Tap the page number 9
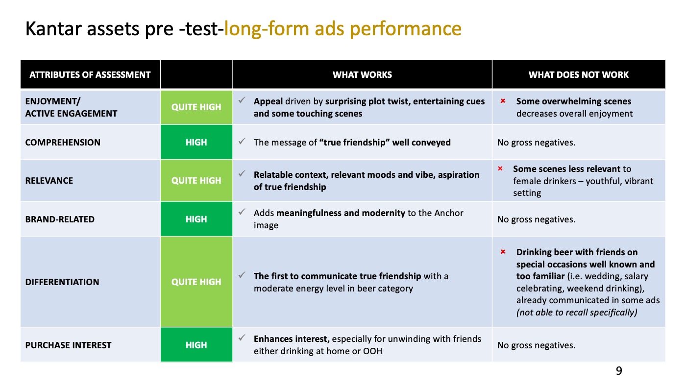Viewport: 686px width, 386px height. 618,371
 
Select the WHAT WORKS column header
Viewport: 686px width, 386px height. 362,74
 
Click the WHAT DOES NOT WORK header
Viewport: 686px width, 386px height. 579,74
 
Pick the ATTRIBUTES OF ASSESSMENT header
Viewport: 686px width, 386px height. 90,74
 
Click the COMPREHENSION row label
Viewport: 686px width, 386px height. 63,143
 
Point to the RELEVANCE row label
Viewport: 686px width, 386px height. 49,181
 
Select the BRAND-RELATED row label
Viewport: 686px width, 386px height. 60,219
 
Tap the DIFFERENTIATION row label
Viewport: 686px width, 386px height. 62,282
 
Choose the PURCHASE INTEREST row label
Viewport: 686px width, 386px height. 68,345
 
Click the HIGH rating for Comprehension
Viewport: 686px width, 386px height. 196,143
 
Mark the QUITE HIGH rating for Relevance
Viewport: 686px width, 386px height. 196,181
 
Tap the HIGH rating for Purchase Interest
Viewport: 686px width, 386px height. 196,345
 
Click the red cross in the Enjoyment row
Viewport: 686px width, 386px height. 503,101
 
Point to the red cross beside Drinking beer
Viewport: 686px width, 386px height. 503,252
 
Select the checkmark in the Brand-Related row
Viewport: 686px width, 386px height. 242,212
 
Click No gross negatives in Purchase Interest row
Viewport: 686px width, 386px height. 536,345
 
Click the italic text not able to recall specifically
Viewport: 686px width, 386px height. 577,312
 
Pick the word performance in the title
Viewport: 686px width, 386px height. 406,29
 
